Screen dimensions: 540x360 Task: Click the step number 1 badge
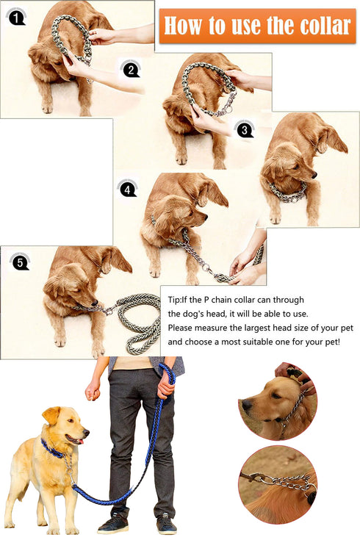(x=15, y=14)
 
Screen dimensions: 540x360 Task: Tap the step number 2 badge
(x=130, y=70)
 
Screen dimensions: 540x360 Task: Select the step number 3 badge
(x=243, y=130)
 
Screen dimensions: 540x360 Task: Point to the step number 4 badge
(x=127, y=189)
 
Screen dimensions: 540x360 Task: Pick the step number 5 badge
(x=19, y=262)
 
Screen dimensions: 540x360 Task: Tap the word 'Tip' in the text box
(x=175, y=300)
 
